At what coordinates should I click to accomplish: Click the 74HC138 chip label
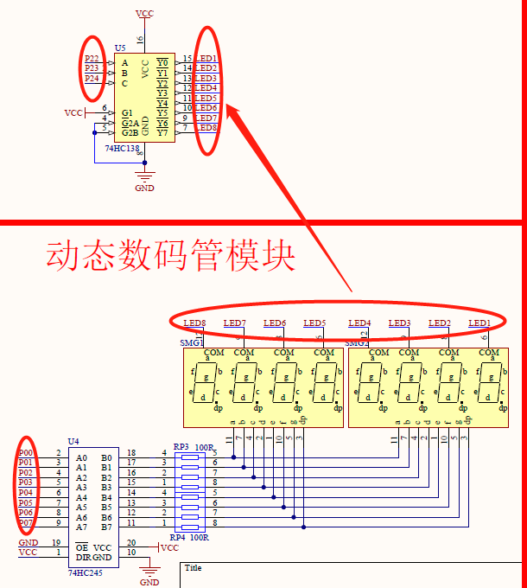point(122,149)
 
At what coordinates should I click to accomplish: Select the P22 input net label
point(92,59)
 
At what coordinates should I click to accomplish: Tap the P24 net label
point(92,78)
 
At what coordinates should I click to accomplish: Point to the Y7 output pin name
point(162,132)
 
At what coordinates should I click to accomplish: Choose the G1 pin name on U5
point(127,112)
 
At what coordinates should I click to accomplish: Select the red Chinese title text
point(170,256)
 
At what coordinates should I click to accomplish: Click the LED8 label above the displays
point(194,323)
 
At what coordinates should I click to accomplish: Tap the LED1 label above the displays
point(479,323)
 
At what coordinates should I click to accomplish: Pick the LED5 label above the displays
point(314,323)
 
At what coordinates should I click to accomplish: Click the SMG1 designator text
point(191,342)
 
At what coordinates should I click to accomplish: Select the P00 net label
point(26,452)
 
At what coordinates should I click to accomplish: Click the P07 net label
point(26,522)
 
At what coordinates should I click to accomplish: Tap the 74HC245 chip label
point(86,572)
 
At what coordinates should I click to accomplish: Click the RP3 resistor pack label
point(181,447)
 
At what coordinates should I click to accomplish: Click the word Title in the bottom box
point(194,568)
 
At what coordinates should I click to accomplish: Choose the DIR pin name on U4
point(83,558)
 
